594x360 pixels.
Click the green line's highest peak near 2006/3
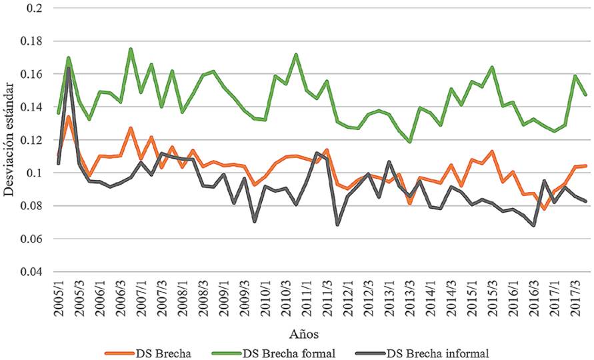pos(131,49)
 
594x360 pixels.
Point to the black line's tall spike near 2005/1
pos(69,68)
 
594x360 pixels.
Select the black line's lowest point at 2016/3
pos(534,225)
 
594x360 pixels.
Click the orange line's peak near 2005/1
pos(69,117)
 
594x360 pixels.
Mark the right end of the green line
pos(585,95)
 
